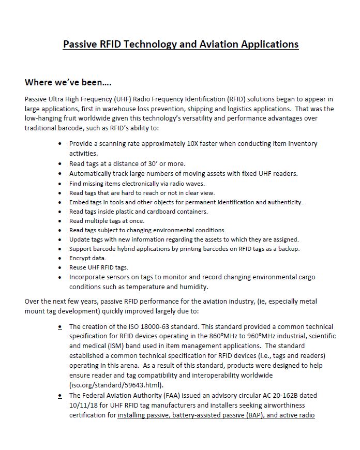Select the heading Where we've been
(x=69, y=83)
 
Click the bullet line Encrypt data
(x=87, y=258)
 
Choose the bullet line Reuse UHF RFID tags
(x=98, y=267)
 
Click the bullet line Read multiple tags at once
(x=107, y=220)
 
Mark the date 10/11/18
(x=82, y=405)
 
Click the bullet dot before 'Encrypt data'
(x=62, y=258)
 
